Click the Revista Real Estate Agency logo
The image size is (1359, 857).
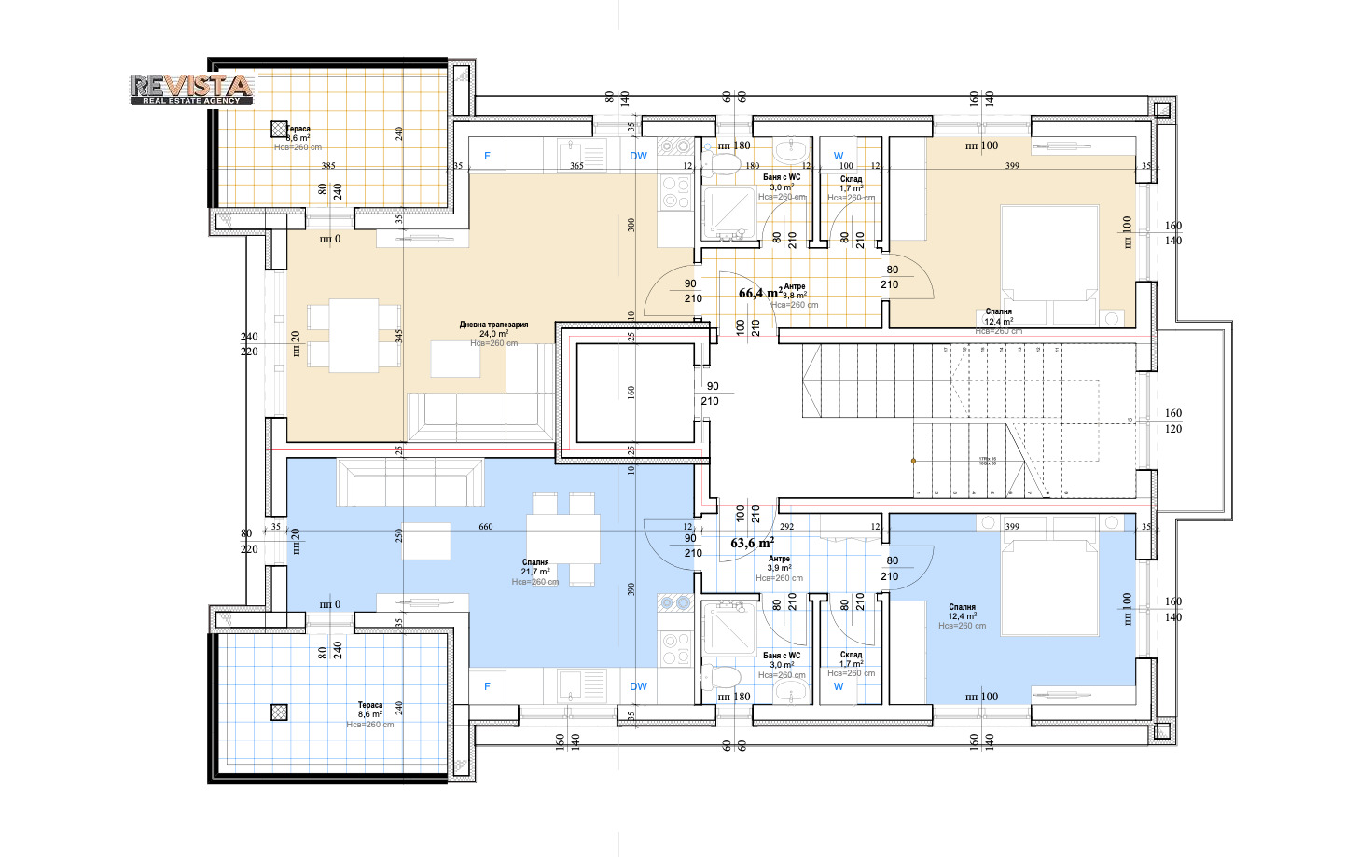191,89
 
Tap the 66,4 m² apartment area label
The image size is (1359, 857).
759,293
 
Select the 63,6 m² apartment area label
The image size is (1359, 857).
752,543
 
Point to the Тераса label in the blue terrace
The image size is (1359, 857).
370,705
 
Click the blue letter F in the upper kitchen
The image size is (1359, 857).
487,156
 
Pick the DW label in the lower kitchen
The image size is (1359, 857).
638,686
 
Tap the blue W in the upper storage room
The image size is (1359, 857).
839,156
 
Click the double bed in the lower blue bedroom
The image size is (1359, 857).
1049,587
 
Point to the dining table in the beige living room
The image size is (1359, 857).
354,335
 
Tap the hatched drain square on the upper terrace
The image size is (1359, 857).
279,130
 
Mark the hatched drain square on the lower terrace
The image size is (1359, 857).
279,712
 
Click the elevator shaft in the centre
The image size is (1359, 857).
634,393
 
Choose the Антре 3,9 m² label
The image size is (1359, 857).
779,563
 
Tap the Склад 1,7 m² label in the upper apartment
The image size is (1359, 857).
851,184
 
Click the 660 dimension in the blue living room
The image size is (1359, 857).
486,527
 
